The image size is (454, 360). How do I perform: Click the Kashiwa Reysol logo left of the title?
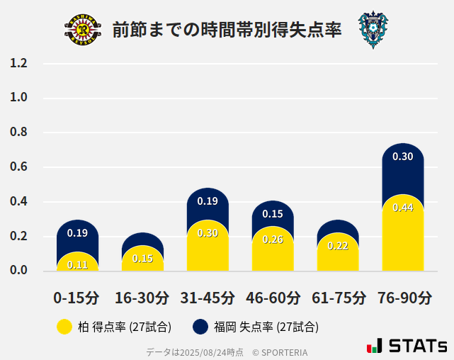83,30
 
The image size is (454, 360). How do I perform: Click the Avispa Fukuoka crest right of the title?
372,30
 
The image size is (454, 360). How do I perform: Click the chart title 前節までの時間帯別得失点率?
227,30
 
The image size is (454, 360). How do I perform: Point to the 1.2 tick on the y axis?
18,63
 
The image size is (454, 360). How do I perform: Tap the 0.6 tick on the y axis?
18,167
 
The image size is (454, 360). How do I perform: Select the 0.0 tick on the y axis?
18,271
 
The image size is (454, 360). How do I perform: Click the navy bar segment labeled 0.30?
402,157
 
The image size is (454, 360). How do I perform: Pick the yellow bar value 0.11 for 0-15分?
77,265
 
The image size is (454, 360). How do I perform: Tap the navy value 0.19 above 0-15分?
77,233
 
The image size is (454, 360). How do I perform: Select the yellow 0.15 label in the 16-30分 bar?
142,259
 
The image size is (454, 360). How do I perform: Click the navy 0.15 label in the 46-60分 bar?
273,214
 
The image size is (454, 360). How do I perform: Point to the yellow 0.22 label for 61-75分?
338,246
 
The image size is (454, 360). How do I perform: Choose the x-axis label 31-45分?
208,298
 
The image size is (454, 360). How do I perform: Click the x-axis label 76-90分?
404,298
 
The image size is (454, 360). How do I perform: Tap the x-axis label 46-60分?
273,298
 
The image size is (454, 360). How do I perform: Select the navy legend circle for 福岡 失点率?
200,327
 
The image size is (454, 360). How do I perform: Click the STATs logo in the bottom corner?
407,346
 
